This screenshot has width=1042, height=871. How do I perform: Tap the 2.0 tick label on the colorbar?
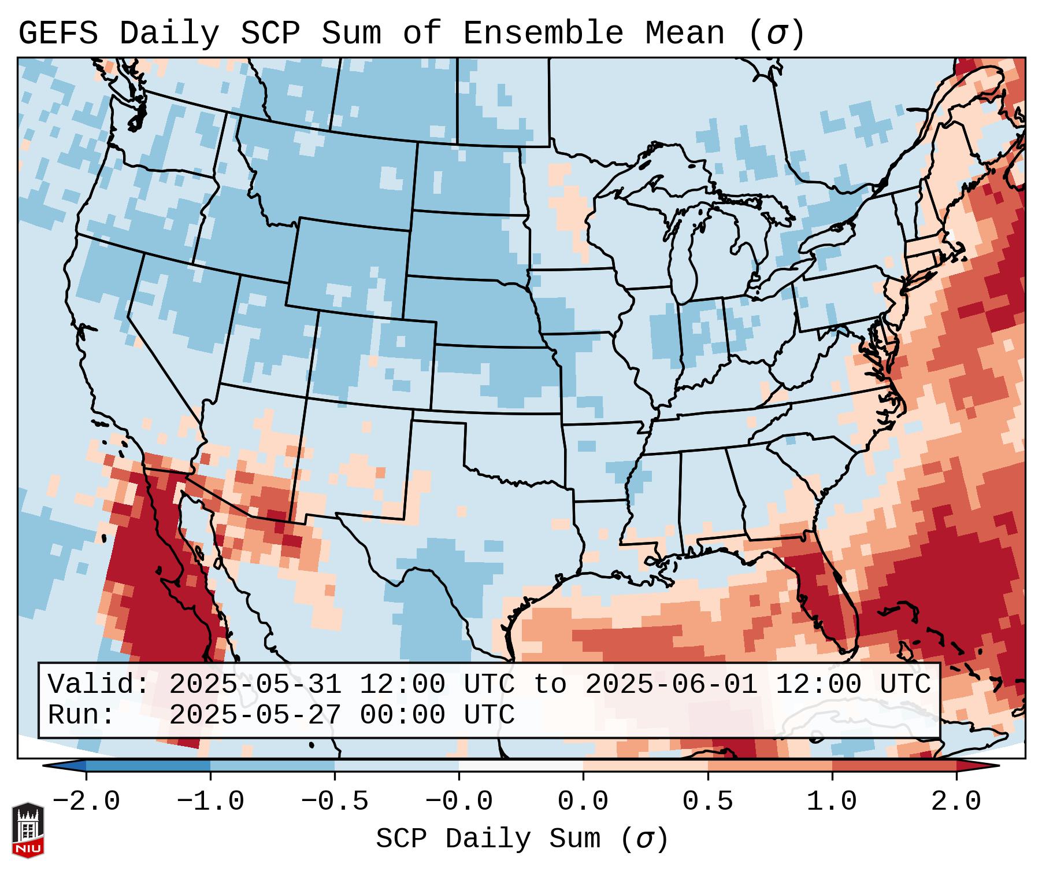[x=956, y=802]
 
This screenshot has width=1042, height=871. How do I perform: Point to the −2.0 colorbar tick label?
[x=86, y=802]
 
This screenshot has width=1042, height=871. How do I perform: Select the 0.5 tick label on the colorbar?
[x=707, y=802]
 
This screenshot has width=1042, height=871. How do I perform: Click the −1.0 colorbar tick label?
[x=210, y=802]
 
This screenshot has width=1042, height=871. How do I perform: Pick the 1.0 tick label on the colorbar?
[x=832, y=802]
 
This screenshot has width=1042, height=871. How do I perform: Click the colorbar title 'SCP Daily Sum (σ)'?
[x=522, y=839]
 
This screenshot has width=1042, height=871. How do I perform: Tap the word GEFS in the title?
[x=58, y=34]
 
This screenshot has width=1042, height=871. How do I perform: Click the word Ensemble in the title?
[x=543, y=34]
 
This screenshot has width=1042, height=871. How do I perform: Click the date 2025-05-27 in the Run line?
[x=255, y=715]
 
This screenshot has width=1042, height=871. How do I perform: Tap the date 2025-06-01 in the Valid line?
[x=671, y=685]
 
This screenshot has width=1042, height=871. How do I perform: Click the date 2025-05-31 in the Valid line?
[x=255, y=685]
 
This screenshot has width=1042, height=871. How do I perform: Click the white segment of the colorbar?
[x=521, y=766]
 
